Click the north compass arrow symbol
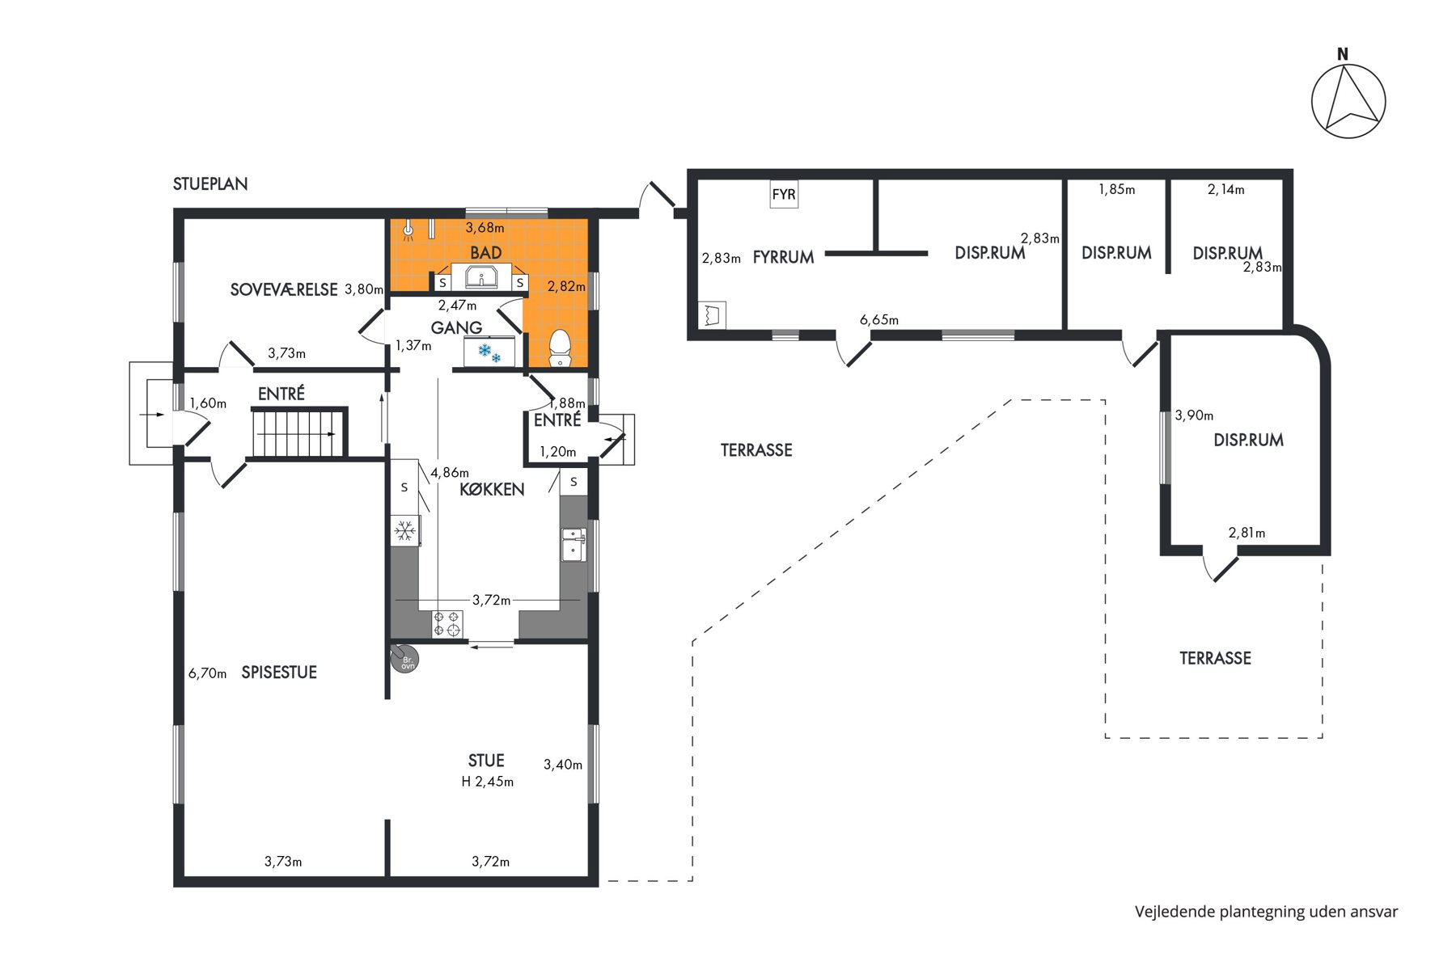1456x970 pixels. (x=1348, y=102)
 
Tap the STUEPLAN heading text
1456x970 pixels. (x=210, y=184)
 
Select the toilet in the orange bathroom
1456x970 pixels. (x=560, y=348)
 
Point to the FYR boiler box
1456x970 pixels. (x=784, y=194)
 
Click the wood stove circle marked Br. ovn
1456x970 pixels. (x=405, y=660)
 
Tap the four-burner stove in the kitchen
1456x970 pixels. (x=447, y=623)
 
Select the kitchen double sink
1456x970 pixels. (x=574, y=544)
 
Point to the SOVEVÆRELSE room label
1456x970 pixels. (x=284, y=289)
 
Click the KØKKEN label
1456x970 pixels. (x=492, y=489)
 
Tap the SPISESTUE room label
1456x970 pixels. (x=279, y=673)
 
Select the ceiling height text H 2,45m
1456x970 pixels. (x=488, y=782)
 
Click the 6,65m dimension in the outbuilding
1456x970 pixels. (x=879, y=320)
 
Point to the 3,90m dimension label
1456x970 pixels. (x=1194, y=415)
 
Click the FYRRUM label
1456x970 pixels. (x=783, y=257)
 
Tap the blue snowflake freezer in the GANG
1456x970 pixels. (x=489, y=352)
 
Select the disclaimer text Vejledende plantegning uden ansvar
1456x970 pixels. (x=1266, y=912)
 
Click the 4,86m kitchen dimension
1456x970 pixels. (x=450, y=473)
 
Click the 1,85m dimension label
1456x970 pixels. (x=1117, y=190)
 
